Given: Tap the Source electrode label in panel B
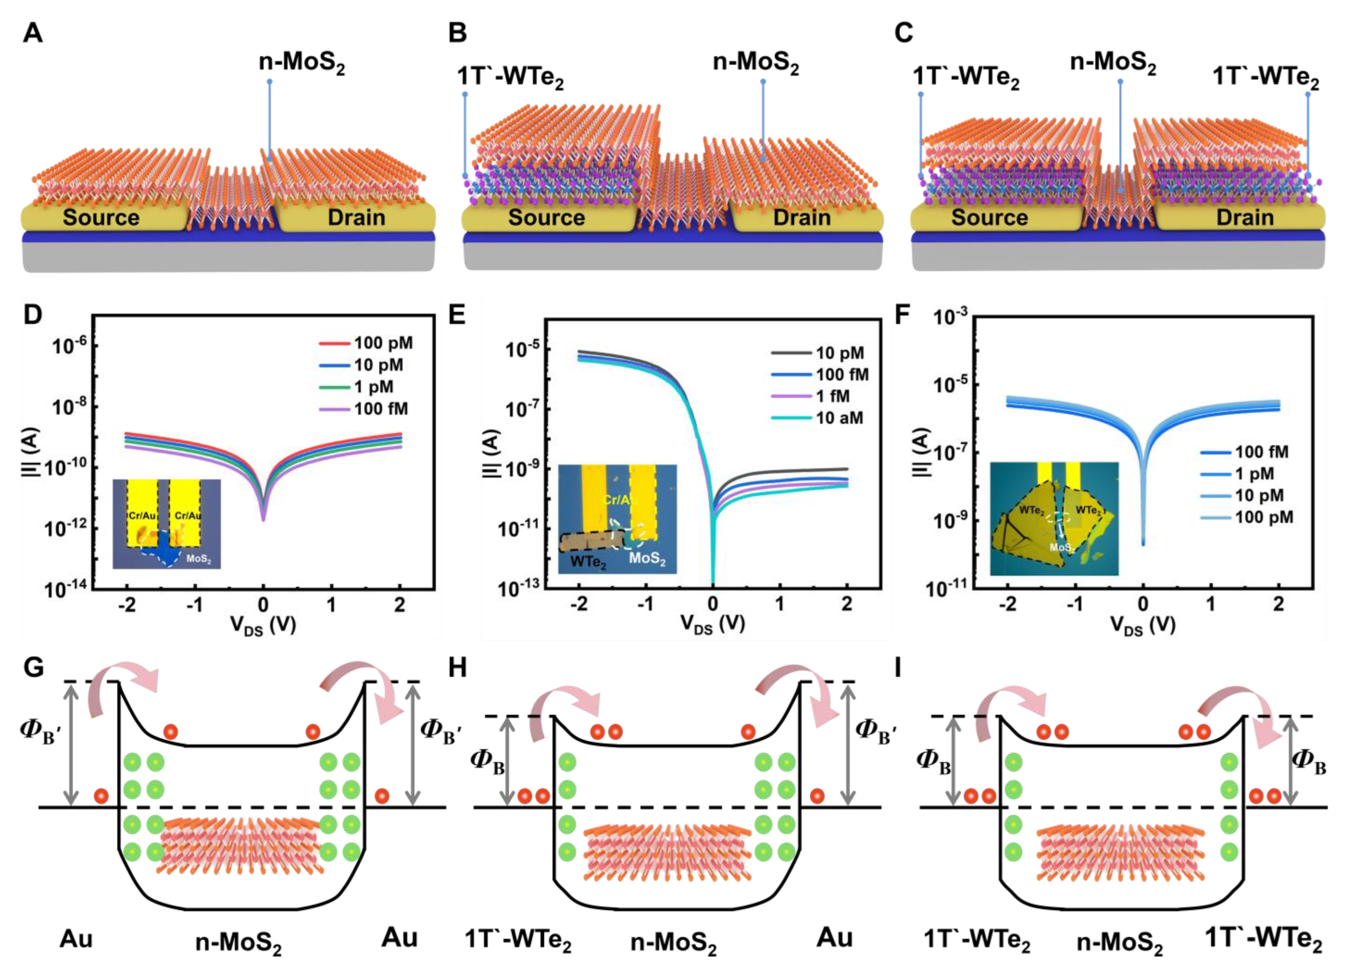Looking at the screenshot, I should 546,218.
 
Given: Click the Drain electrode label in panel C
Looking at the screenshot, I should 1245,218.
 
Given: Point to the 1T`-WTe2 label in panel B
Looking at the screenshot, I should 510,77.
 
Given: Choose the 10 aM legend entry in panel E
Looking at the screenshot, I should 839,418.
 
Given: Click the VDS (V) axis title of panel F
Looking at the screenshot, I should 1143,625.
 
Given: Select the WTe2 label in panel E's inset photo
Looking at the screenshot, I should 588,561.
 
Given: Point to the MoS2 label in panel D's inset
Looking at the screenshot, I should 199,559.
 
